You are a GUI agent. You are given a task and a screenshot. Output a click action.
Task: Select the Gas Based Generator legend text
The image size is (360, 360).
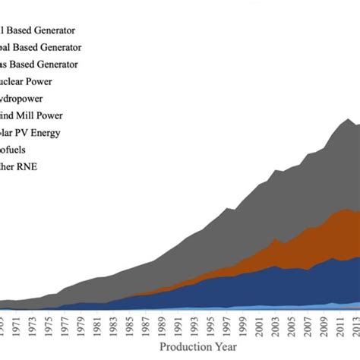[x=49, y=65]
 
